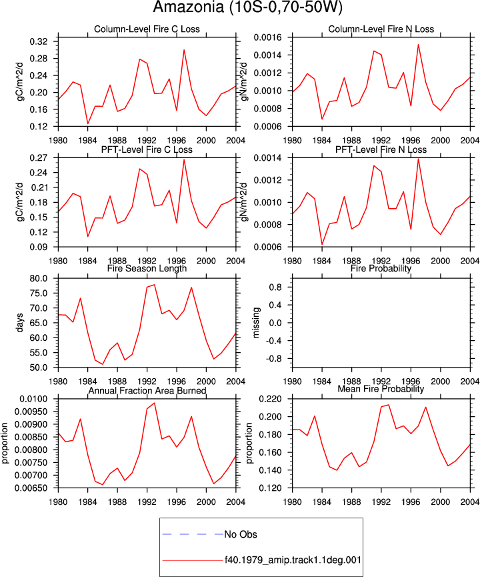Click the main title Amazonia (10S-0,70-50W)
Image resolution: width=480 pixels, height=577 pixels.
tap(247, 7)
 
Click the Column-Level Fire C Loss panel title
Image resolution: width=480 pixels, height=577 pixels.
tap(147, 29)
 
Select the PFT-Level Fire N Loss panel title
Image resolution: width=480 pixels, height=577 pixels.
tap(381, 150)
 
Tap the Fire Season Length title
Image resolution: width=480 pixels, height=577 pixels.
tap(147, 269)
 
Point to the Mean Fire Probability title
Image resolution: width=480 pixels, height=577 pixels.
tap(381, 389)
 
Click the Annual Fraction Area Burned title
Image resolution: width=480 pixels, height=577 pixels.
tap(147, 391)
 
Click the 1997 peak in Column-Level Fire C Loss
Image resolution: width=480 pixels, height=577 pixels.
tap(184, 49)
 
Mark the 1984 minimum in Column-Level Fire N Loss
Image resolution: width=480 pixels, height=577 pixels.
tap(322, 119)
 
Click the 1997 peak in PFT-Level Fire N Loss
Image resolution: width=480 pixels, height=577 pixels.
tap(418, 159)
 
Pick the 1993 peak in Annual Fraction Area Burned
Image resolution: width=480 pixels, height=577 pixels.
tap(155, 403)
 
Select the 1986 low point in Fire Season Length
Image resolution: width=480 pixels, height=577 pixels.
tap(103, 364)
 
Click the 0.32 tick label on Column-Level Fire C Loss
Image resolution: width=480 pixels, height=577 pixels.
tap(39, 41)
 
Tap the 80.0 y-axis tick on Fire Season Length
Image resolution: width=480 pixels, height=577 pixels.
tap(39, 279)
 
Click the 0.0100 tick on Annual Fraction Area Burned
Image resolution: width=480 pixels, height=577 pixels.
tap(33, 400)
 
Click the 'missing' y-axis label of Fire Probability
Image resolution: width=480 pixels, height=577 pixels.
tap(256, 323)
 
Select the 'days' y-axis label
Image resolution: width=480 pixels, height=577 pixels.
tap(19, 323)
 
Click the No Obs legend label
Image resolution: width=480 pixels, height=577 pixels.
tap(241, 534)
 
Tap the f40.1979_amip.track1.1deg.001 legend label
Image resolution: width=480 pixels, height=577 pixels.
tap(293, 560)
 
